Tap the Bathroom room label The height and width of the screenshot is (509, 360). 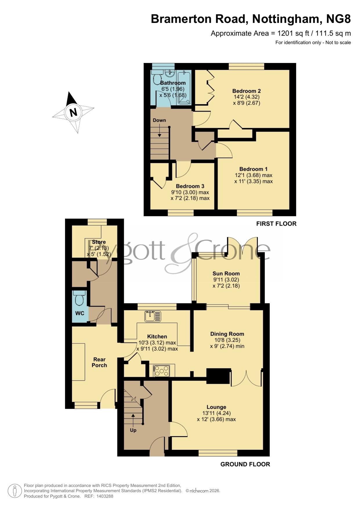tap(173, 83)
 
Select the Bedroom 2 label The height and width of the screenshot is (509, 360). tap(247, 91)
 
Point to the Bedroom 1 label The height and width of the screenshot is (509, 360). tap(254, 169)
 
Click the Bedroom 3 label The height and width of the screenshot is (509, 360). tap(190, 186)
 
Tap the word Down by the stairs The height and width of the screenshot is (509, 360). tap(160, 120)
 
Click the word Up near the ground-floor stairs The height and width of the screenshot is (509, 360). tap(133, 430)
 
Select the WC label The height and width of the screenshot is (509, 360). tap(80, 313)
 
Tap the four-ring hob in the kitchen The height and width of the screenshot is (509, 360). tap(161, 371)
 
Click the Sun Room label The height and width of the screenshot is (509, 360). tap(226, 273)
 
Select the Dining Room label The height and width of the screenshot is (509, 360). tap(227, 334)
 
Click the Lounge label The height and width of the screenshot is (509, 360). tap(216, 407)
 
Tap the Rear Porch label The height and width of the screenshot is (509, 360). tap(99, 362)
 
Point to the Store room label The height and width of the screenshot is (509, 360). tap(99, 242)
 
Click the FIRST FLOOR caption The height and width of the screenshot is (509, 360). tap(276, 224)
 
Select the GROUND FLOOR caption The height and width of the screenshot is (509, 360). tap(245, 464)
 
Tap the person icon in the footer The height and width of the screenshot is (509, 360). tap(15, 491)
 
